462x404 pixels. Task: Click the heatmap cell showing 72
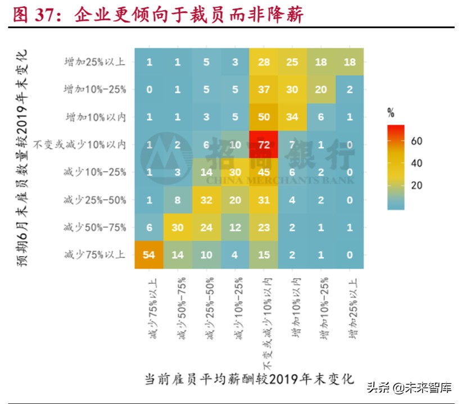[264, 145]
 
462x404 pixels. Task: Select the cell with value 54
[150, 255]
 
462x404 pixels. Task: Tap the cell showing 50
[264, 117]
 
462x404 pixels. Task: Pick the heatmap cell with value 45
[264, 173]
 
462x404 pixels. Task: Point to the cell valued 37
[264, 90]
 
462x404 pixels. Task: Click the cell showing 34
[292, 117]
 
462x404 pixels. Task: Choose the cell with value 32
[206, 200]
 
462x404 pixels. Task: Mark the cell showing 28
[264, 62]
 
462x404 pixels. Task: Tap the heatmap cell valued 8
[178, 200]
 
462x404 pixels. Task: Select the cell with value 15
[264, 255]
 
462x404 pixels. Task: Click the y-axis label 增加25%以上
[95, 62]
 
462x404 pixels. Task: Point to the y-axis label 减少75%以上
[95, 255]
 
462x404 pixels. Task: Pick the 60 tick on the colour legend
[416, 141]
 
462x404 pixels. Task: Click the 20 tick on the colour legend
[416, 186]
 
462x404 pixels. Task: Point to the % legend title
[391, 113]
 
